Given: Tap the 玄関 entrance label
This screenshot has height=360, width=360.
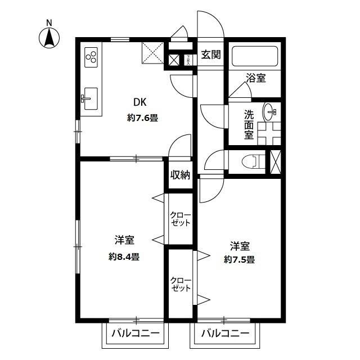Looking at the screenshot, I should coord(211,55).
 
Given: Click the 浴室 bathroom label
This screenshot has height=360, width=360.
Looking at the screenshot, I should coord(256,78).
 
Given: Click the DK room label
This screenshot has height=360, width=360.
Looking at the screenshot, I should coord(139,102).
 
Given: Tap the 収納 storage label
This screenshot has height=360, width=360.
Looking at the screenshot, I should coord(180,175).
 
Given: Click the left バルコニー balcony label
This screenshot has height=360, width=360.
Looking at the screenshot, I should coord(135,333).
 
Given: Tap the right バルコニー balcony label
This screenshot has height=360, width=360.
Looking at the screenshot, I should coord(225,333).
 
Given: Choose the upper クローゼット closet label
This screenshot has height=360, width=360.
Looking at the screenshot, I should coord(181,219).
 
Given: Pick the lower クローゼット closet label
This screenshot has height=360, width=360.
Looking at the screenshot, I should coord(181,284).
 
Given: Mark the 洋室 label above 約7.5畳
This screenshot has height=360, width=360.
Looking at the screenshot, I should coord(240,246).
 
